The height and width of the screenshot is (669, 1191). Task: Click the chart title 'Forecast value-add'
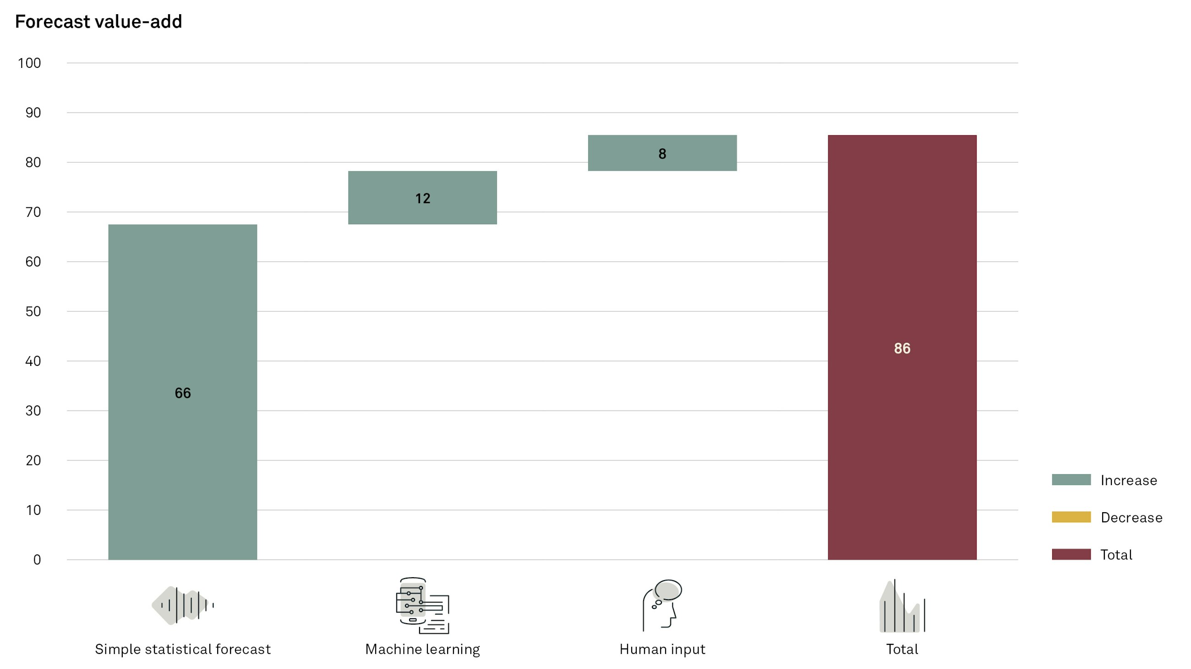coord(98,22)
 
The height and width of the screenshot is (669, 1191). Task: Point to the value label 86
coord(901,348)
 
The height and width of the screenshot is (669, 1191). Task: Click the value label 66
coord(183,393)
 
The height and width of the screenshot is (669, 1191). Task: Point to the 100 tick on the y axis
coord(29,63)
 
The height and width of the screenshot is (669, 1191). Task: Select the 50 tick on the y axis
coord(33,311)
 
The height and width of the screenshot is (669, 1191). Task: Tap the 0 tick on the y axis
coord(37,560)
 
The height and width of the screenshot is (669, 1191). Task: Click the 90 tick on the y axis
coord(33,112)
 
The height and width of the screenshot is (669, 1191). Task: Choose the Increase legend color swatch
coord(1071,480)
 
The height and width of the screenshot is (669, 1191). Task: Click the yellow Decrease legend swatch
coord(1071,517)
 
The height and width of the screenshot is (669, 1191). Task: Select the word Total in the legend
coord(1116,554)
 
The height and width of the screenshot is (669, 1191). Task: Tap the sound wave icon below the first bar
coord(183,605)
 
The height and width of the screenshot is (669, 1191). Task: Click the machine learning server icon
coord(422,606)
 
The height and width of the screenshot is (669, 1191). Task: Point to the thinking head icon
coord(662,605)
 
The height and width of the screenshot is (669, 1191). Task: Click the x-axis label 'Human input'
coord(662,649)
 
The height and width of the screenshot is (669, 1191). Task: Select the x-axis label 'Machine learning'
coord(422,649)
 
